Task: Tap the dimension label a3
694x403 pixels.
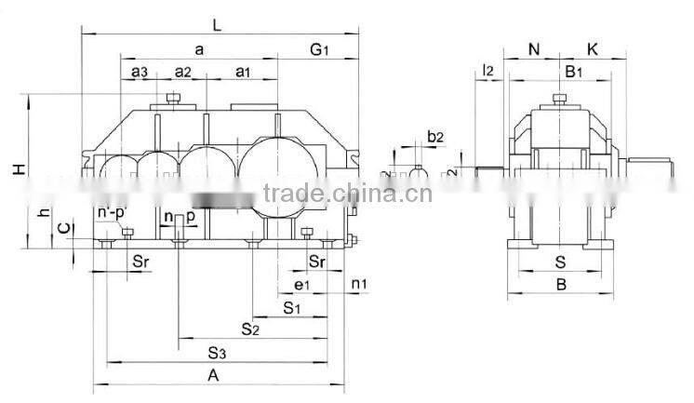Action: pos(140,72)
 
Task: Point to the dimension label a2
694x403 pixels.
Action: pos(182,72)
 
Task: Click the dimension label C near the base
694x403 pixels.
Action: pos(62,227)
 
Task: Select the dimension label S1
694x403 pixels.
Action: pos(291,306)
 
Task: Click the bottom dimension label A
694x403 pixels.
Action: pos(213,375)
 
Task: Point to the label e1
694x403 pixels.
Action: pos(300,284)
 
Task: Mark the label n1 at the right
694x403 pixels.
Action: pos(358,283)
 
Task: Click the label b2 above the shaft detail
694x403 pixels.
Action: pos(434,137)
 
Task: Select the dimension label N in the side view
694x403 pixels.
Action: pos(534,48)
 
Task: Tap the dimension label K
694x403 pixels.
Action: pos(593,48)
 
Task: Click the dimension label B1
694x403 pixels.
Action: pos(574,71)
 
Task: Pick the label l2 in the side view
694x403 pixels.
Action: pos(487,71)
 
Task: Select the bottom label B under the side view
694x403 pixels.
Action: pos(561,285)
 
